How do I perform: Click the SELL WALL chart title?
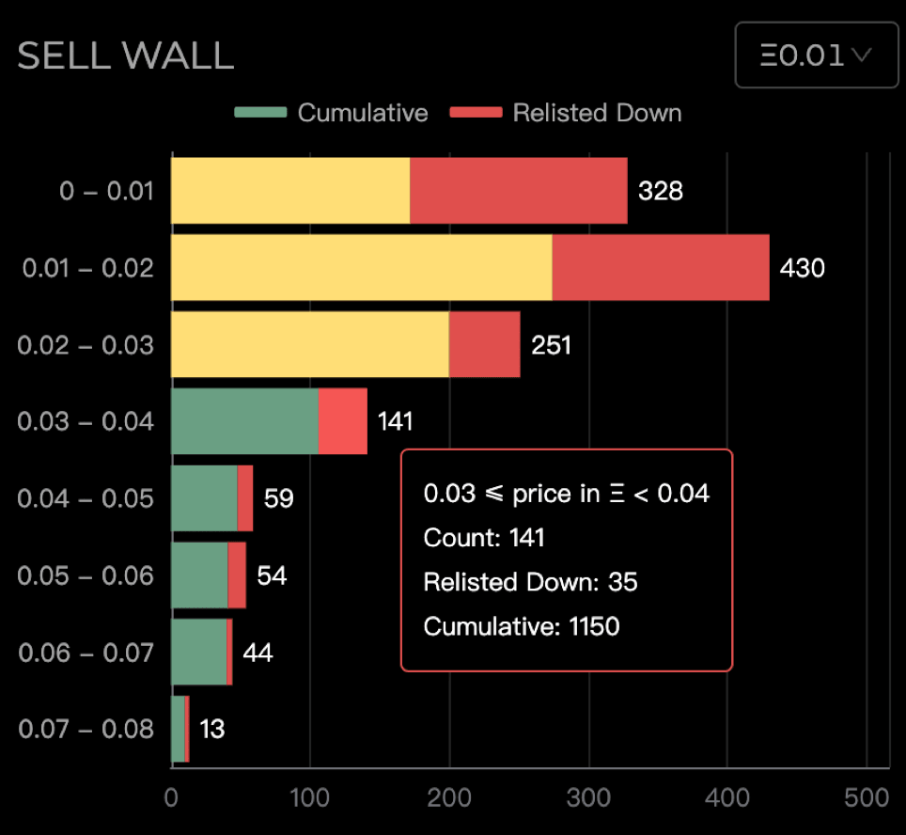click(125, 56)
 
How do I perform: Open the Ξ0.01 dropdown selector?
click(816, 55)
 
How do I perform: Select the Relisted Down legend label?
click(597, 113)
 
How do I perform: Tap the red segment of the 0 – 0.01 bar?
click(518, 191)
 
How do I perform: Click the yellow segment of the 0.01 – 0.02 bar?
click(361, 268)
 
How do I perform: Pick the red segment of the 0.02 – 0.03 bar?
click(484, 344)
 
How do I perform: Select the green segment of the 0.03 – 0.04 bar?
click(244, 421)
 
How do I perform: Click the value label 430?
click(802, 269)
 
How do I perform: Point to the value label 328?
click(660, 192)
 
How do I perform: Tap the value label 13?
click(211, 729)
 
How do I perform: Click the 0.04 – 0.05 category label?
click(86, 498)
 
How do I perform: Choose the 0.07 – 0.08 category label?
click(86, 729)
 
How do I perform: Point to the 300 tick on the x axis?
click(588, 798)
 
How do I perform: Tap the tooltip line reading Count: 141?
click(484, 538)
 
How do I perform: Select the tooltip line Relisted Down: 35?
click(530, 582)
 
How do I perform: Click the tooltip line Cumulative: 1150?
click(522, 626)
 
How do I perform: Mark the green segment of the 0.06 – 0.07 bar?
click(198, 652)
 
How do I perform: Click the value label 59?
click(278, 498)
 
